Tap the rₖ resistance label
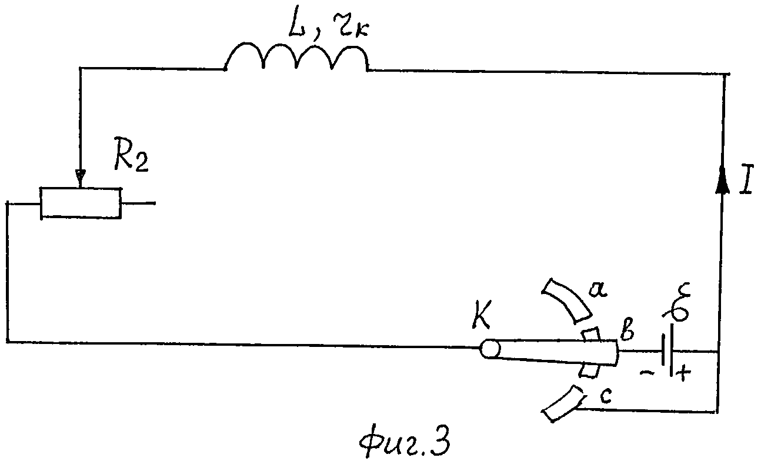coord(350,26)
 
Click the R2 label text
coord(131,154)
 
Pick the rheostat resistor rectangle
coord(81,203)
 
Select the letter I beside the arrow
coord(746,180)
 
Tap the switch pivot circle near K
coord(490,349)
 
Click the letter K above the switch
coord(481,315)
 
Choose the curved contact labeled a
coord(565,298)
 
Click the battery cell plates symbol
coord(668,350)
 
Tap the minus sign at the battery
coord(647,373)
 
